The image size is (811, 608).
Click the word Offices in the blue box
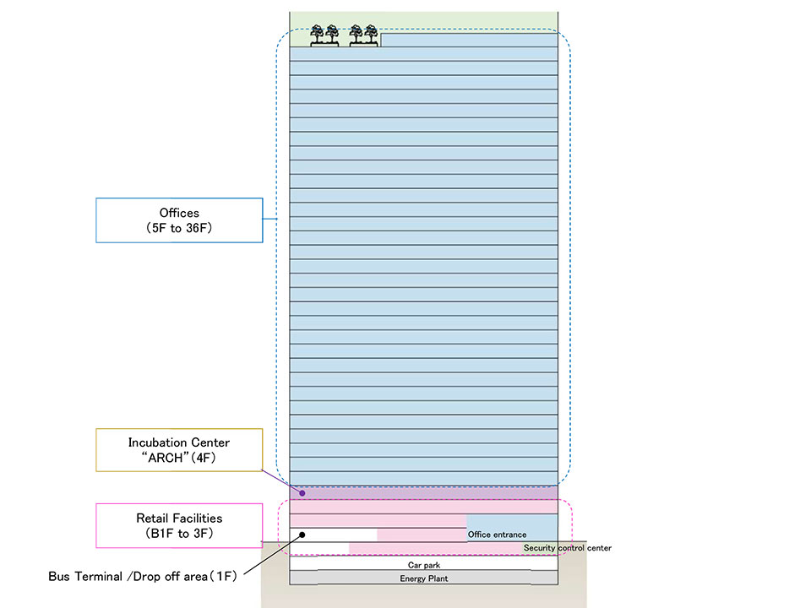click(179, 213)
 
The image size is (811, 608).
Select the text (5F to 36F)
click(179, 228)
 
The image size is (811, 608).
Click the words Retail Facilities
click(179, 518)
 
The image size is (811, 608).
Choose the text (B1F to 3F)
click(179, 533)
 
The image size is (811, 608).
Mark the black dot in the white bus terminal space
click(302, 535)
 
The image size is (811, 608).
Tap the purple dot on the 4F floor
click(302, 492)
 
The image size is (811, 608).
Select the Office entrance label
click(497, 535)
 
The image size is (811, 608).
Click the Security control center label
click(567, 548)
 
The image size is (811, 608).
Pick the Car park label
click(424, 565)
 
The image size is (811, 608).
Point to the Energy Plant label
click(424, 578)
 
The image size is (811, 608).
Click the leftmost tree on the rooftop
click(318, 34)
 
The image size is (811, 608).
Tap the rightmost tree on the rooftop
click(370, 34)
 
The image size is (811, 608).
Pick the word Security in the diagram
click(540, 548)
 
